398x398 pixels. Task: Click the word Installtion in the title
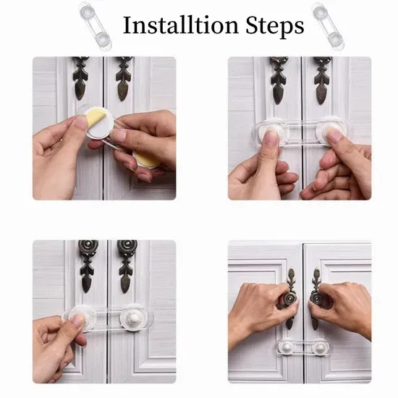coord(181,25)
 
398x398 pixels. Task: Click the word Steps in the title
coord(275,25)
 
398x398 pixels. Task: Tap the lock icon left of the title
coord(96,26)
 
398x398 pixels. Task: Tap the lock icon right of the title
coord(328,26)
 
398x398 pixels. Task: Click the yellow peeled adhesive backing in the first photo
coord(94,117)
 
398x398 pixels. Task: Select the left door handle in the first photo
coord(80,77)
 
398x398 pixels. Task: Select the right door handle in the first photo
coord(124,78)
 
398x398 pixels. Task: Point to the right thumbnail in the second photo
coord(336,135)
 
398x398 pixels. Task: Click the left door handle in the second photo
coord(279,80)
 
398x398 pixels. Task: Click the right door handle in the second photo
coord(322,80)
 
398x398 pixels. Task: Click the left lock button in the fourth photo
coord(287,347)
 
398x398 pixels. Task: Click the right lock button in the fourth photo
coord(321,347)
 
